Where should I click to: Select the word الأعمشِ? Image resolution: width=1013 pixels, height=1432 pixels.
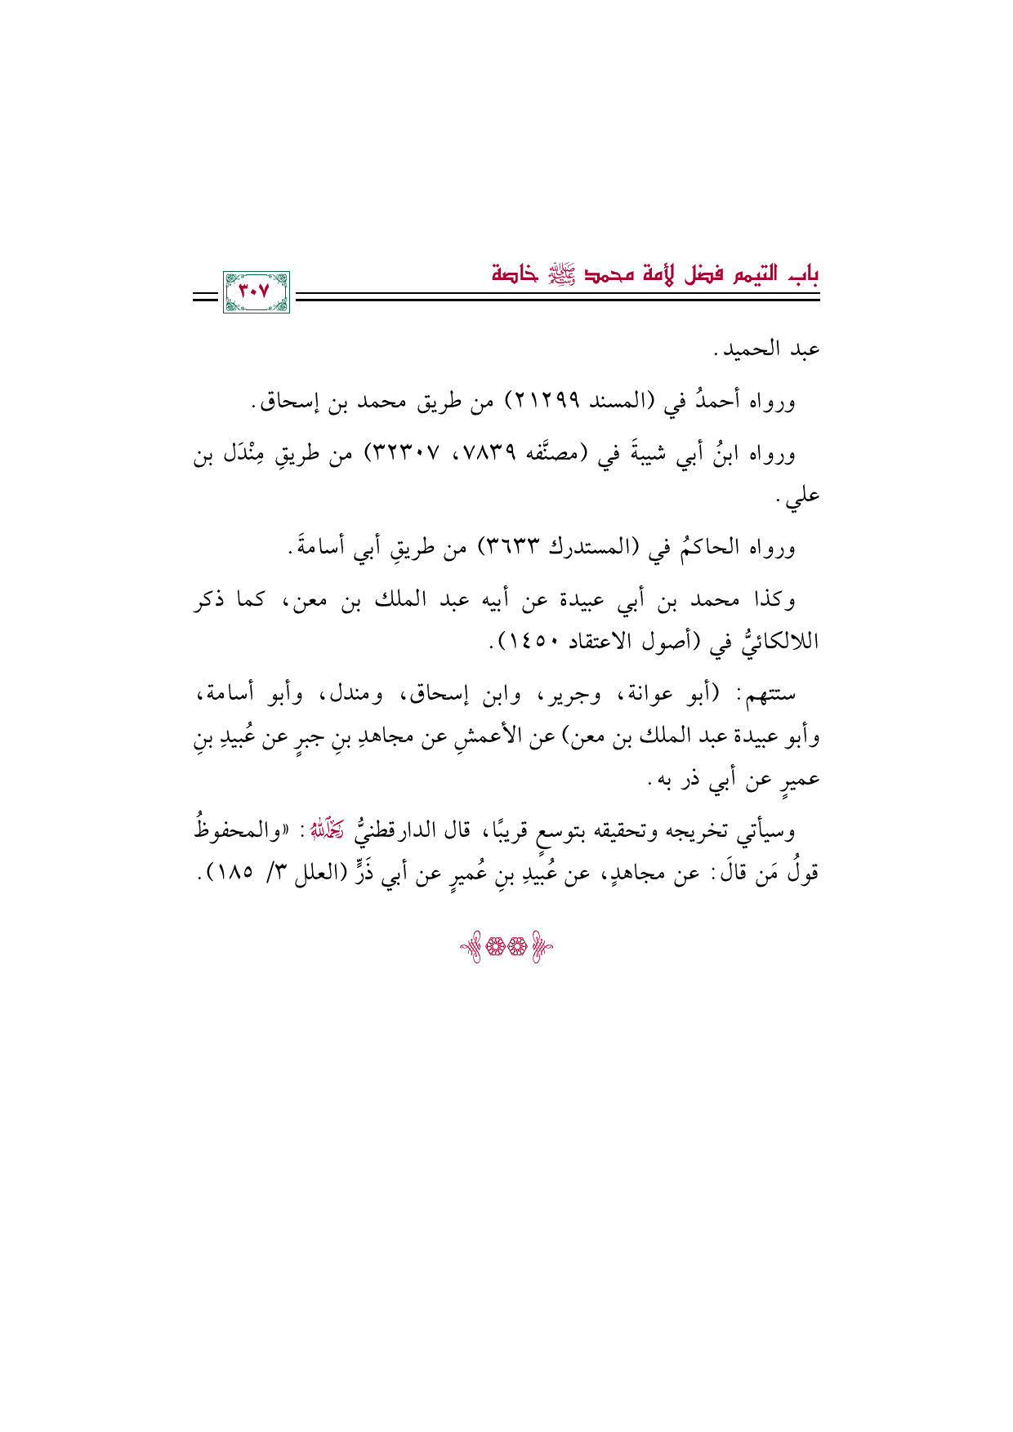point(481,738)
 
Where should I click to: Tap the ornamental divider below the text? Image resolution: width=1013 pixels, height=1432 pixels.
point(506,949)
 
